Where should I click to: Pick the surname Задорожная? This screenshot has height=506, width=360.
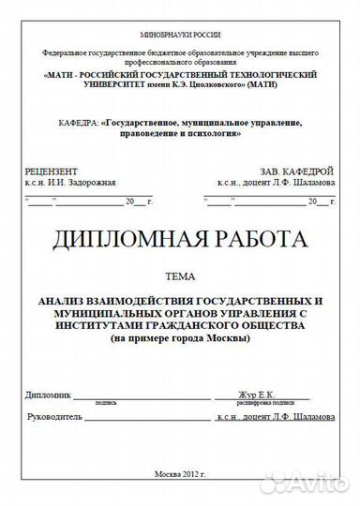pos(89,186)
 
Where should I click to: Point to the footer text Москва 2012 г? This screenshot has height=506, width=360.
pos(179,474)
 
